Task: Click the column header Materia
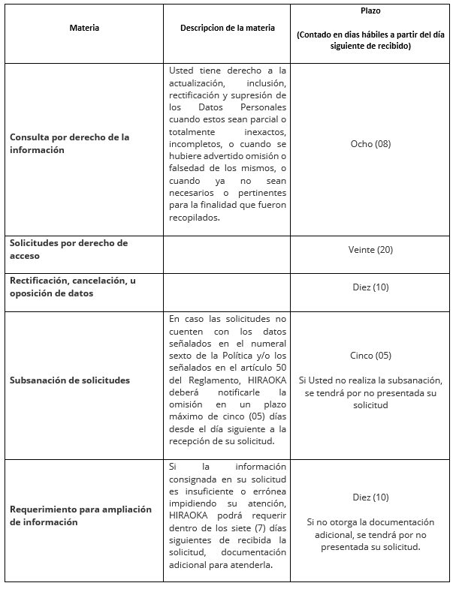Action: pos(84,28)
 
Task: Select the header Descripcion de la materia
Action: pos(227,28)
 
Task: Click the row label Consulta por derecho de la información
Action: pos(69,143)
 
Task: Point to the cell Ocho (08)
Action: pos(370,144)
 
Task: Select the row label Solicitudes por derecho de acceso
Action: pos(68,249)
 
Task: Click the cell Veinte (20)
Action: pos(370,250)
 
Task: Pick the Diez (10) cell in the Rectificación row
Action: pos(370,287)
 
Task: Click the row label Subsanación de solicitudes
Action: pos(69,380)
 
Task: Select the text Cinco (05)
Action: pos(370,356)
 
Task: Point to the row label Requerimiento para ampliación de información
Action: pos(80,515)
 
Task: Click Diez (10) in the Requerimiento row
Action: pos(370,497)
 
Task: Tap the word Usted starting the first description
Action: pos(183,71)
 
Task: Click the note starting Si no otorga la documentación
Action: pos(370,534)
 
